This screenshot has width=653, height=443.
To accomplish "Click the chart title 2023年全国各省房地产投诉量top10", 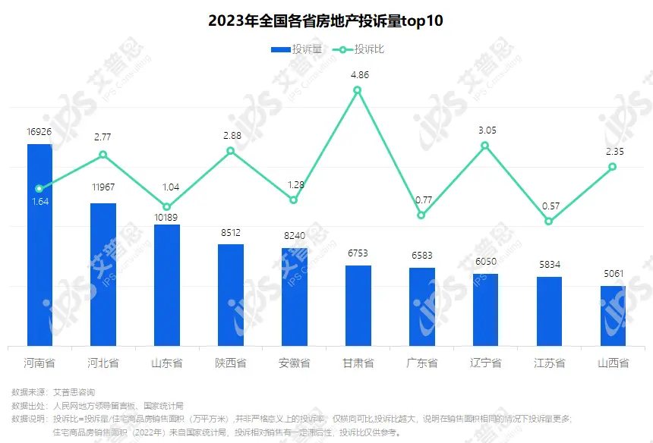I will [x=326, y=21].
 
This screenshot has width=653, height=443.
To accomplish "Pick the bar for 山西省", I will [x=614, y=316].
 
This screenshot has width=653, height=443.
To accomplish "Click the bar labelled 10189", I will [x=167, y=284].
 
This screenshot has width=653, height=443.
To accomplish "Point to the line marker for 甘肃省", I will [x=358, y=90].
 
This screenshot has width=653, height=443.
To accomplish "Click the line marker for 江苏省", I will [x=549, y=221].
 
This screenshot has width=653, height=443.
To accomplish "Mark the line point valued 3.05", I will [x=485, y=145].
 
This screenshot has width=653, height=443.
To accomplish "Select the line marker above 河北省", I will [x=103, y=155].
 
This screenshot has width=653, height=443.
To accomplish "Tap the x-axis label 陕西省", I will [x=231, y=363].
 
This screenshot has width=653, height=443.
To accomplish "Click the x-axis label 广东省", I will [x=422, y=363].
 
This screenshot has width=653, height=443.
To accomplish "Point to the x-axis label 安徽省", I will [x=295, y=363].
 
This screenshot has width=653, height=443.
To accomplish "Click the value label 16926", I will [x=39, y=132].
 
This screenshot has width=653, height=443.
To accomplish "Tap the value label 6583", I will [x=421, y=256].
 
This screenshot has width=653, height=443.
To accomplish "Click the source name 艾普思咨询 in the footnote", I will [x=74, y=392].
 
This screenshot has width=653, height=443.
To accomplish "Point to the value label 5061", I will [x=614, y=274].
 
